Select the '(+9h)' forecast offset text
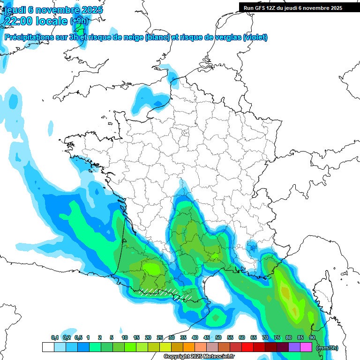pyautogui.click(x=79, y=21)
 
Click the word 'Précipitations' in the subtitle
pyautogui.click(x=29, y=37)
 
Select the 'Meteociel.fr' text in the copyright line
pyautogui.click(x=221, y=357)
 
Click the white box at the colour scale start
pyautogui.click(x=48, y=347)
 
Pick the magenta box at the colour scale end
pyautogui.click(x=306, y=347)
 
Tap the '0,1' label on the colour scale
pyautogui.click(x=55, y=338)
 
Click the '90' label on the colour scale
pyautogui.click(x=312, y=338)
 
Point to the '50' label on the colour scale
pyautogui.click(x=218, y=338)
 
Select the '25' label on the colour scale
pyautogui.click(x=160, y=338)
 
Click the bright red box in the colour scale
pyautogui.click(x=247, y=347)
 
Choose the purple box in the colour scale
pyautogui.click(x=294, y=347)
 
